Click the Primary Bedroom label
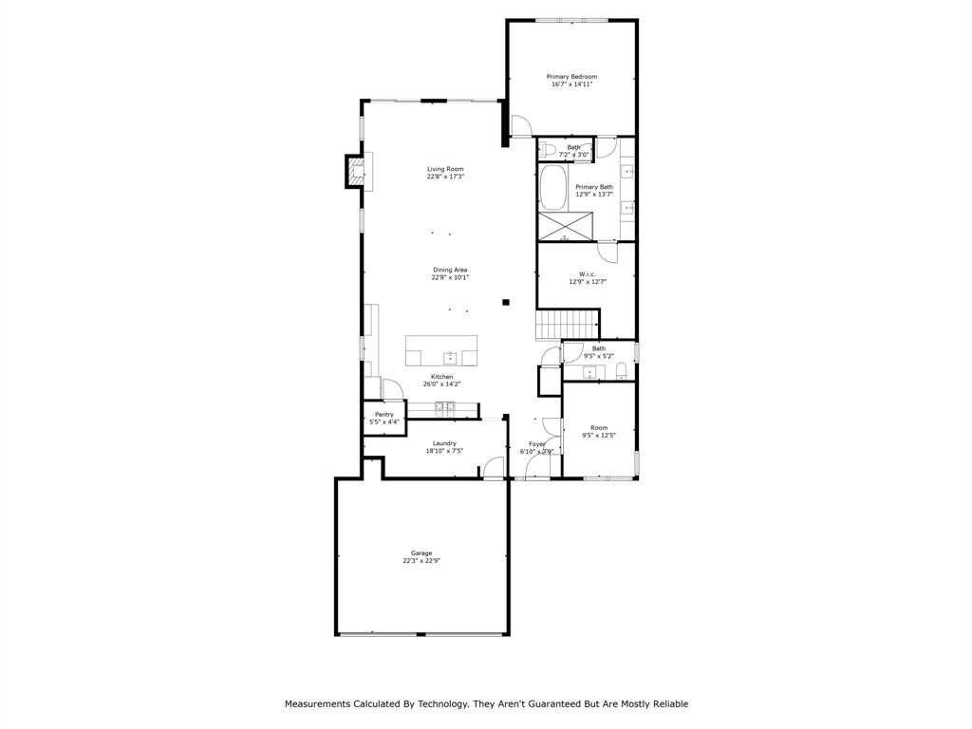pyautogui.click(x=571, y=76)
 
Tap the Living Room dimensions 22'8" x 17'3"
pyautogui.click(x=445, y=177)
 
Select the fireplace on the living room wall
pyautogui.click(x=355, y=170)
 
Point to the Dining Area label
pyautogui.click(x=450, y=270)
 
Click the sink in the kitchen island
pyautogui.click(x=451, y=357)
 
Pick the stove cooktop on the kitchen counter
pyautogui.click(x=445, y=408)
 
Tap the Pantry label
pyautogui.click(x=384, y=414)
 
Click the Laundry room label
pyautogui.click(x=444, y=443)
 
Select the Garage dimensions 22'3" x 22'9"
pyautogui.click(x=421, y=561)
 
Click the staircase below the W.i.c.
pyautogui.click(x=568, y=325)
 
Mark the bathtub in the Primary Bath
pyautogui.click(x=552, y=188)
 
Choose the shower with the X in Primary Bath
pyautogui.click(x=566, y=228)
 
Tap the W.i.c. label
pyautogui.click(x=588, y=274)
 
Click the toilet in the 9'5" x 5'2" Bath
pyautogui.click(x=622, y=370)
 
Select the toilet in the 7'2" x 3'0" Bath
pyautogui.click(x=549, y=150)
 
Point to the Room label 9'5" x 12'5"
pyautogui.click(x=599, y=428)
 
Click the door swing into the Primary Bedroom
pyautogui.click(x=521, y=127)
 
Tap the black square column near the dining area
pyautogui.click(x=506, y=302)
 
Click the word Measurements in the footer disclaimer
pyautogui.click(x=322, y=703)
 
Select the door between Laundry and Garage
pyautogui.click(x=493, y=467)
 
